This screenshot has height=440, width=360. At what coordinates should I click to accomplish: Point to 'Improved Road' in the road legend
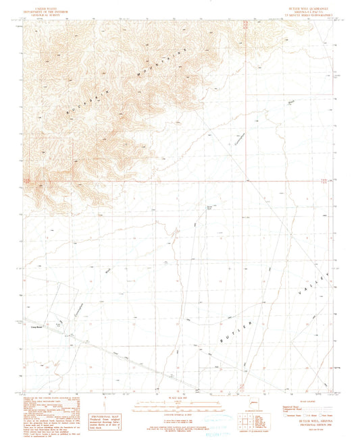click(288, 406)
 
